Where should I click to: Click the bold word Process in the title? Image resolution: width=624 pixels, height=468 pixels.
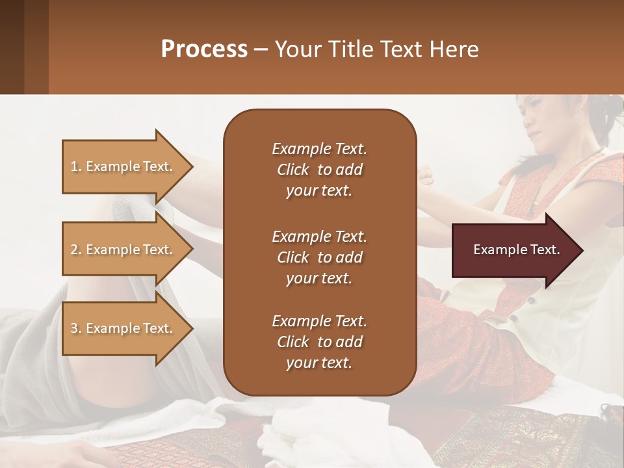204,49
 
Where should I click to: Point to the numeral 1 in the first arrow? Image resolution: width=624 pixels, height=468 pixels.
73,166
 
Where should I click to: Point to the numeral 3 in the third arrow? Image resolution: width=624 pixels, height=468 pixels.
74,328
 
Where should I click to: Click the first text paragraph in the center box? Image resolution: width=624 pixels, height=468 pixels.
319,170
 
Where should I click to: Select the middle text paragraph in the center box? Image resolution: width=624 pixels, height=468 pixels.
319,257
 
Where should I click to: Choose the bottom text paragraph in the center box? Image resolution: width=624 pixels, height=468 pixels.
319,342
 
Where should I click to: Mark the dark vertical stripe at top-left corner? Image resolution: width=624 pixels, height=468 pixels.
12,47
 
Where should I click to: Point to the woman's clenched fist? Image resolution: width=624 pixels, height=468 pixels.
426,175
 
